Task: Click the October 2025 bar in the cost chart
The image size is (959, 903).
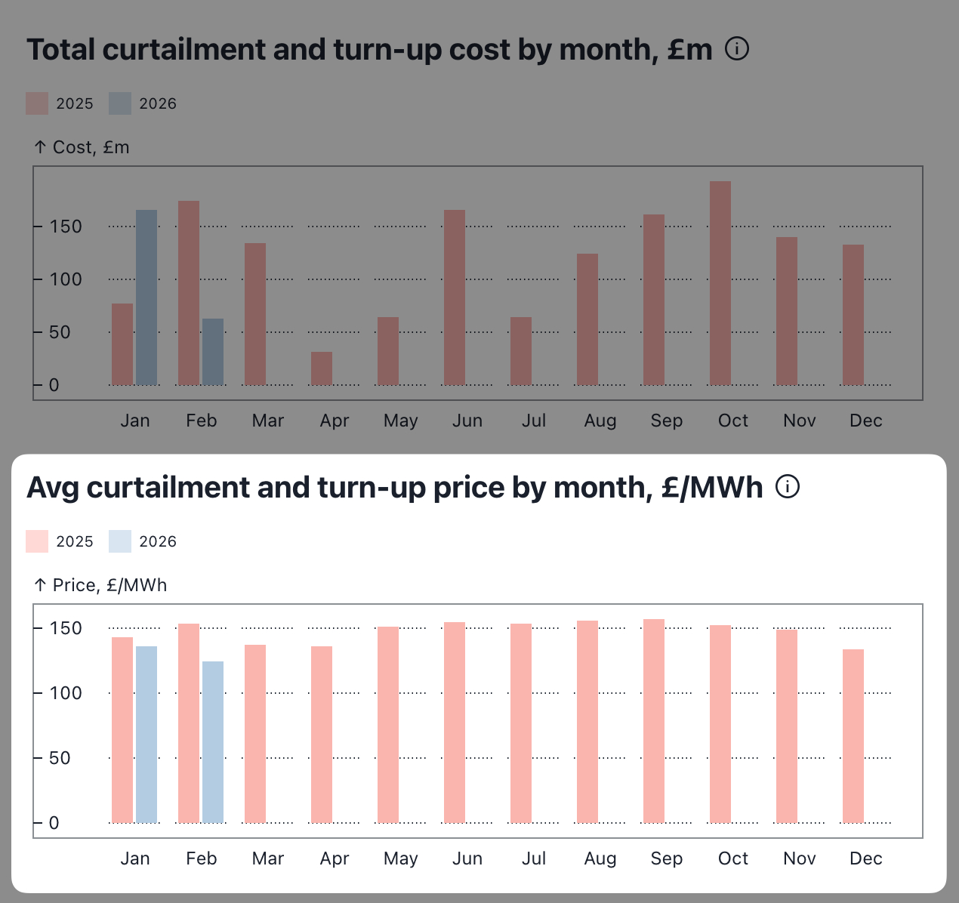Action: (x=720, y=283)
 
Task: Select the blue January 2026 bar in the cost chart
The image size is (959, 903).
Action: (x=146, y=297)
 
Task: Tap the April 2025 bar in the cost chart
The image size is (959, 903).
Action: (x=322, y=368)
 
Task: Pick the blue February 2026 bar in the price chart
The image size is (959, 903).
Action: (x=213, y=742)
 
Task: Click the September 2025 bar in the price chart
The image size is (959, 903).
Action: (x=654, y=721)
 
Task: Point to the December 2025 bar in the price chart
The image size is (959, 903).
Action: (x=853, y=736)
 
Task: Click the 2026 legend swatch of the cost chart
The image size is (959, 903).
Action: (x=120, y=103)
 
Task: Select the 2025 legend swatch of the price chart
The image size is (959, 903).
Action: (x=37, y=541)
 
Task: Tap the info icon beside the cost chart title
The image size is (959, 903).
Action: (x=737, y=49)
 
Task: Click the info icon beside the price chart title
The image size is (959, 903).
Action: (x=788, y=487)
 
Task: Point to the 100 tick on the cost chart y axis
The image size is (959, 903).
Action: (x=66, y=279)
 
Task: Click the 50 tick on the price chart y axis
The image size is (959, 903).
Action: (x=60, y=758)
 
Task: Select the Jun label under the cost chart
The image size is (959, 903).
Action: (x=467, y=421)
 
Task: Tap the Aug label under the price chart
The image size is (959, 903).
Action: (x=600, y=858)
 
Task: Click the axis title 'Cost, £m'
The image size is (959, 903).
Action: (x=91, y=147)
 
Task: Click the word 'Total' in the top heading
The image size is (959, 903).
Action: (x=60, y=50)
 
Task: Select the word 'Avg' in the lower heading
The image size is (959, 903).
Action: (x=53, y=488)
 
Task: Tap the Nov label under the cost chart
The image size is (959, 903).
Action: (x=799, y=421)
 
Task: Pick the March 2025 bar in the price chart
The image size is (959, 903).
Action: (x=255, y=733)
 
